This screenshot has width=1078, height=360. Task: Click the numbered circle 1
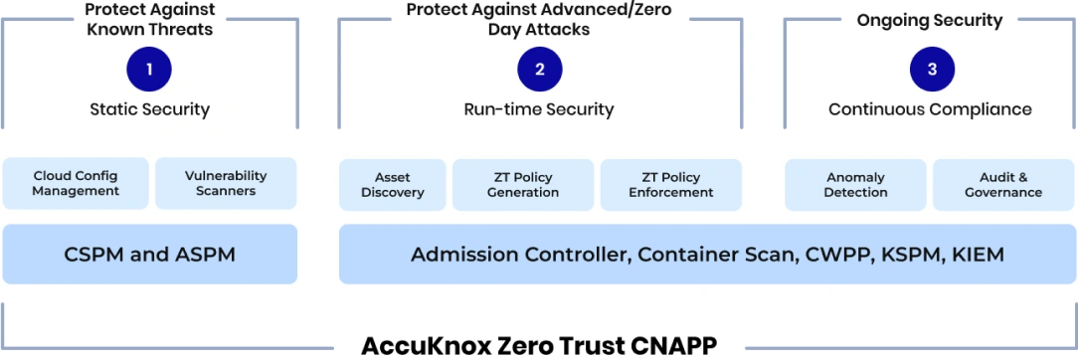(x=149, y=70)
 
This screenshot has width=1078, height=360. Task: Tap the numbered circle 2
(x=540, y=70)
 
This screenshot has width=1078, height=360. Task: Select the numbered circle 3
(x=931, y=70)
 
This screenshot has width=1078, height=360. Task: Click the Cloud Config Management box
(x=76, y=183)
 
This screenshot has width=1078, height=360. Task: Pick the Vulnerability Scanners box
(x=226, y=183)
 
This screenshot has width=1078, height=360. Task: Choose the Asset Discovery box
(x=392, y=184)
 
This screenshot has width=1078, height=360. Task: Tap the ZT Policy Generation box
(x=522, y=184)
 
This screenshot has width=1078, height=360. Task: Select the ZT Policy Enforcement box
(x=671, y=184)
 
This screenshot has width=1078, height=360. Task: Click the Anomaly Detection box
(x=855, y=184)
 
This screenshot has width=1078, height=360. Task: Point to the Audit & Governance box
(x=1002, y=184)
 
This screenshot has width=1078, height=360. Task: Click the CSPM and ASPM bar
(x=150, y=255)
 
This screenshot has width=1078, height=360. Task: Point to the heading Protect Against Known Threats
(x=149, y=19)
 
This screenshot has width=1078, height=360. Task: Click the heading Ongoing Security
(x=930, y=20)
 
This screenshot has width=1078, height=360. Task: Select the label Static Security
(x=149, y=109)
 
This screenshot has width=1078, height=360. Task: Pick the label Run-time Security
(x=539, y=109)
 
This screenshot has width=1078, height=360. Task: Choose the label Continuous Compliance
(x=930, y=109)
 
